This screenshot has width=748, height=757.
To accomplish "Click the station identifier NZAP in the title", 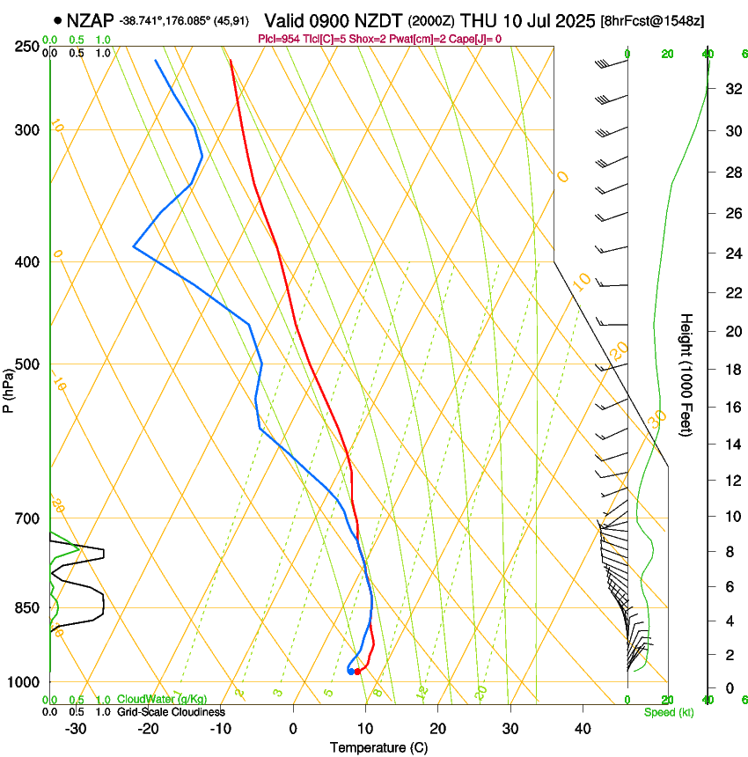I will (91, 20).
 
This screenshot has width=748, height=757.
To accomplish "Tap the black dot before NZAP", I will (58, 20).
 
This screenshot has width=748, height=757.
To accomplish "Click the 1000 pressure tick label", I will (26, 682).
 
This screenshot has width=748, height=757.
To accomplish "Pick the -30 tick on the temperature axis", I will (76, 728).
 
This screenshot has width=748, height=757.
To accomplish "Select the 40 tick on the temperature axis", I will (583, 728).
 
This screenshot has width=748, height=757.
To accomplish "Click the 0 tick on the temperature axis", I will (293, 728).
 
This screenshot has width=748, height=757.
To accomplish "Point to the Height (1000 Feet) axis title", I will (687, 375).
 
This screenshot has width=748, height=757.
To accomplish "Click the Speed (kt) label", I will (668, 712).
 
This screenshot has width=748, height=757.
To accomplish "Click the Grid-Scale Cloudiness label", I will (171, 712).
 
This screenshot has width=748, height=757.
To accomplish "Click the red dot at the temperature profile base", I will (357, 672).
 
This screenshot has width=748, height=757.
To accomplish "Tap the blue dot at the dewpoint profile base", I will (351, 672).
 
